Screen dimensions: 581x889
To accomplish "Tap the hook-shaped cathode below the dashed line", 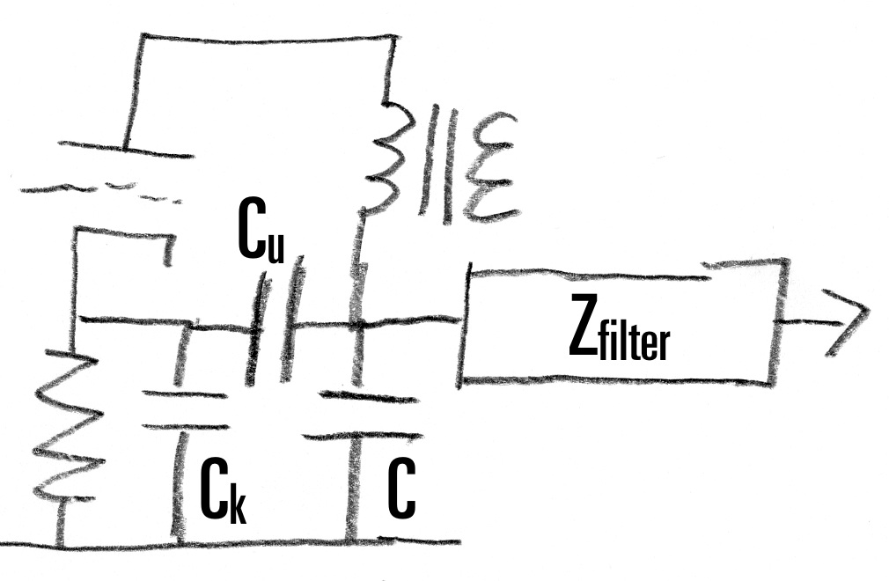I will pyautogui.click(x=123, y=238).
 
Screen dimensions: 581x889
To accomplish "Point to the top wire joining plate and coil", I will pyautogui.click(x=264, y=37).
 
